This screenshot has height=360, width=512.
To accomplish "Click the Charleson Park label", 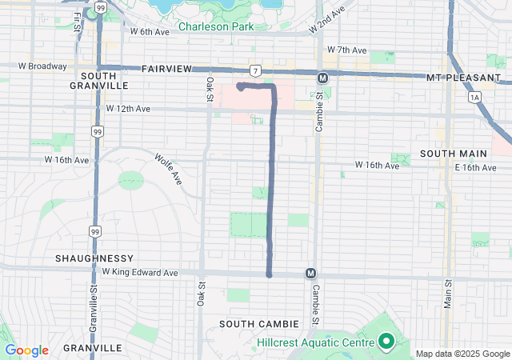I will click(x=215, y=26).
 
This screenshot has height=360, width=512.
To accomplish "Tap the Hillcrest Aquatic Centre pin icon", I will click(x=385, y=342).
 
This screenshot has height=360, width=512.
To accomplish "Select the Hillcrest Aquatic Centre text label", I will click(x=315, y=342).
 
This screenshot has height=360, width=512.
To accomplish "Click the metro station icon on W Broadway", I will click(x=322, y=78).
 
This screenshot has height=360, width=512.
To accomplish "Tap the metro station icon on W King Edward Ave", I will click(x=310, y=274).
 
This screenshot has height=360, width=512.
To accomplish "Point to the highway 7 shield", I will click(x=254, y=71).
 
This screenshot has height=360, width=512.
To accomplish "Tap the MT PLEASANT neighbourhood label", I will click(x=458, y=78).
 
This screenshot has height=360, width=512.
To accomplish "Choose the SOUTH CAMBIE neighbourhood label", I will click(x=259, y=323).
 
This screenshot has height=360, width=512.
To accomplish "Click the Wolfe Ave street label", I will click(x=169, y=169).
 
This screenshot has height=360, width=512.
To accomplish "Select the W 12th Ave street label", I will click(x=128, y=108).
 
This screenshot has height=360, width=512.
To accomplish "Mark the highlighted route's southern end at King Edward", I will click(x=269, y=274).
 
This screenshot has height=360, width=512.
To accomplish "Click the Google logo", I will click(x=27, y=350).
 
